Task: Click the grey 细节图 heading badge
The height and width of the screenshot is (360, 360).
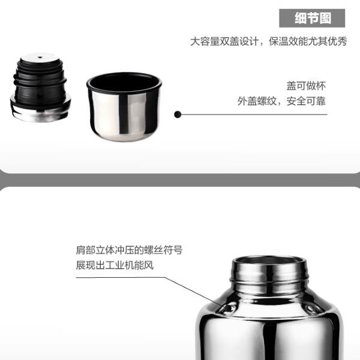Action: pos(312,18)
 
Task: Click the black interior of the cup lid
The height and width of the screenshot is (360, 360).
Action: pos(124,82)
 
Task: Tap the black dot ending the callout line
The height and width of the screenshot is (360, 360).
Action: pos(178,115)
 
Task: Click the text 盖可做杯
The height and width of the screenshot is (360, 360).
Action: pos(306,86)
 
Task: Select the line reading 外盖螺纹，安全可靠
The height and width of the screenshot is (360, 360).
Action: pos(281,101)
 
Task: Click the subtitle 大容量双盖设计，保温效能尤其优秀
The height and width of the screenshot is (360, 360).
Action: pos(268,41)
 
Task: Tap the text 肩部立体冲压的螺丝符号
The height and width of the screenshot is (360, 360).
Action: pos(129,250)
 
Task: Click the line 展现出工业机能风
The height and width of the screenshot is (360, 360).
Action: pos(115,265)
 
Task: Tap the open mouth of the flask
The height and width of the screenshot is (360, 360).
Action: pos(269,260)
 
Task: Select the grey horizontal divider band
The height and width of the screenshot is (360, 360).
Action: pos(180,180)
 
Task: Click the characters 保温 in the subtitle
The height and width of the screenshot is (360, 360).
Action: pos(278,41)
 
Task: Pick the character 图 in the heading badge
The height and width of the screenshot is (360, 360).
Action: pos(325,18)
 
